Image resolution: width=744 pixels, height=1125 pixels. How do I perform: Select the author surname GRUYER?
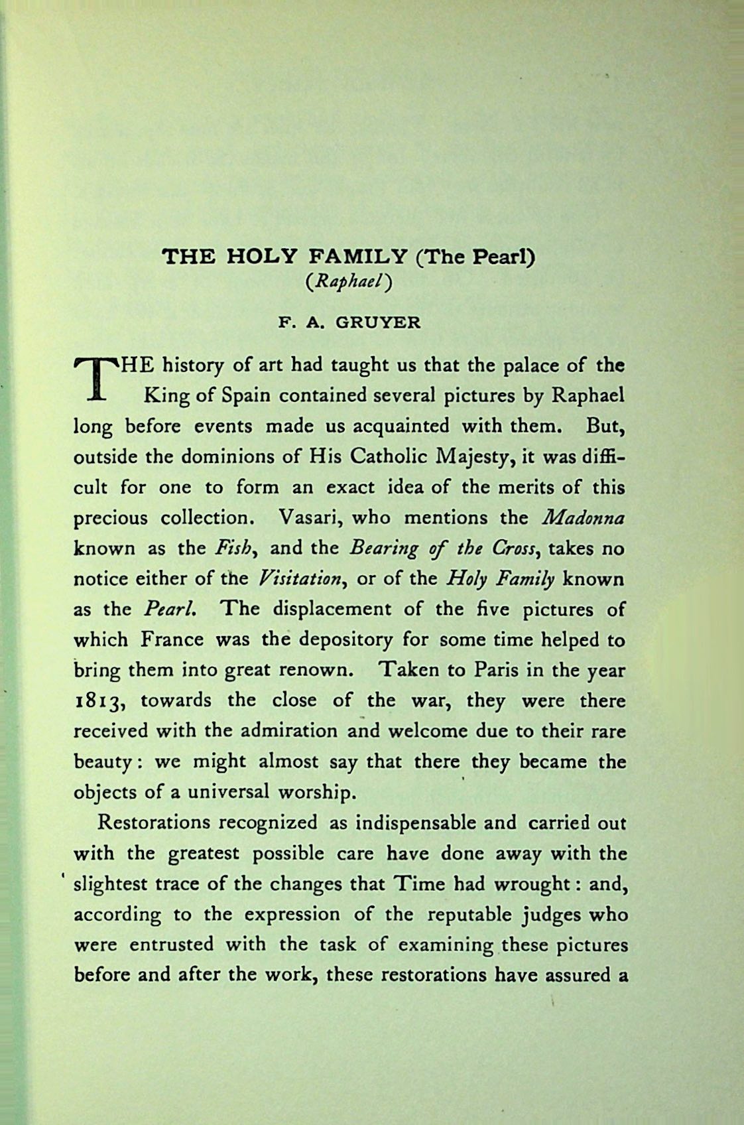pos(377,324)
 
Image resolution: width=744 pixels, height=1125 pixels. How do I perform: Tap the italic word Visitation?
pos(300,578)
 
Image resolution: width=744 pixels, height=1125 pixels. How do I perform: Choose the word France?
pos(172,639)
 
